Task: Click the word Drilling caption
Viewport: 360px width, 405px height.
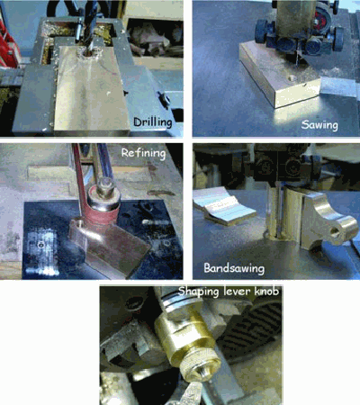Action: coord(153,122)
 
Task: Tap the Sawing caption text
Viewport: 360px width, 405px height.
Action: coord(319,124)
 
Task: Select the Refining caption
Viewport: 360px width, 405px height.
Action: coord(143,153)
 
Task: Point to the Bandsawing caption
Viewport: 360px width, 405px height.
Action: coord(234,268)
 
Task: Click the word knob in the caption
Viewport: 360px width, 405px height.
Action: coord(266,291)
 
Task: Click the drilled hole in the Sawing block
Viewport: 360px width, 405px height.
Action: coord(292,79)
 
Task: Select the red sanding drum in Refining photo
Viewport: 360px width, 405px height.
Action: coord(102,216)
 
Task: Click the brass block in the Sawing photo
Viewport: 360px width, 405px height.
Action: coord(279,75)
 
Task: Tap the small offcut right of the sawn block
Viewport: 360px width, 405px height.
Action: coord(337,87)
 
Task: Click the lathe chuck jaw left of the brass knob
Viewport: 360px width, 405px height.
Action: coord(128,344)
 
